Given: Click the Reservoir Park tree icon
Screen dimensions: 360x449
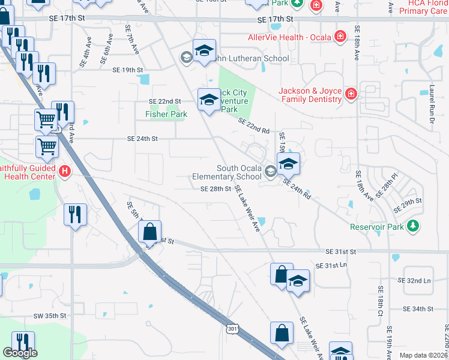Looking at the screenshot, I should pyautogui.click(x=412, y=226).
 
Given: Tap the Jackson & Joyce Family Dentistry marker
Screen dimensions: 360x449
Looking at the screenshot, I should pyautogui.click(x=351, y=94).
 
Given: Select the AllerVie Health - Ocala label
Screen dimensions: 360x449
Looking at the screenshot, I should pyautogui.click(x=291, y=37).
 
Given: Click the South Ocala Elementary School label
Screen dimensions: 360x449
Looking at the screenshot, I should pyautogui.click(x=227, y=173).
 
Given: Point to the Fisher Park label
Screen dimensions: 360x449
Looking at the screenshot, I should pyautogui.click(x=166, y=114).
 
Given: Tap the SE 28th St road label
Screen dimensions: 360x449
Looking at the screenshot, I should pyautogui.click(x=215, y=189).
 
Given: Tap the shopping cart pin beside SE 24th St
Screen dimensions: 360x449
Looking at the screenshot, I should pyautogui.click(x=47, y=146).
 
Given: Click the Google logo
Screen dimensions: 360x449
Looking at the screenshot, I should pyautogui.click(x=19, y=353).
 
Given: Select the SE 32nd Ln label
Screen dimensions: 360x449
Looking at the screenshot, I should pyautogui.click(x=415, y=280).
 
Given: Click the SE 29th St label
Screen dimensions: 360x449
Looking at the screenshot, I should pyautogui.click(x=408, y=205).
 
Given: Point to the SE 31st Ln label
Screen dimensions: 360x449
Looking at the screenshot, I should pyautogui.click(x=331, y=265).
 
